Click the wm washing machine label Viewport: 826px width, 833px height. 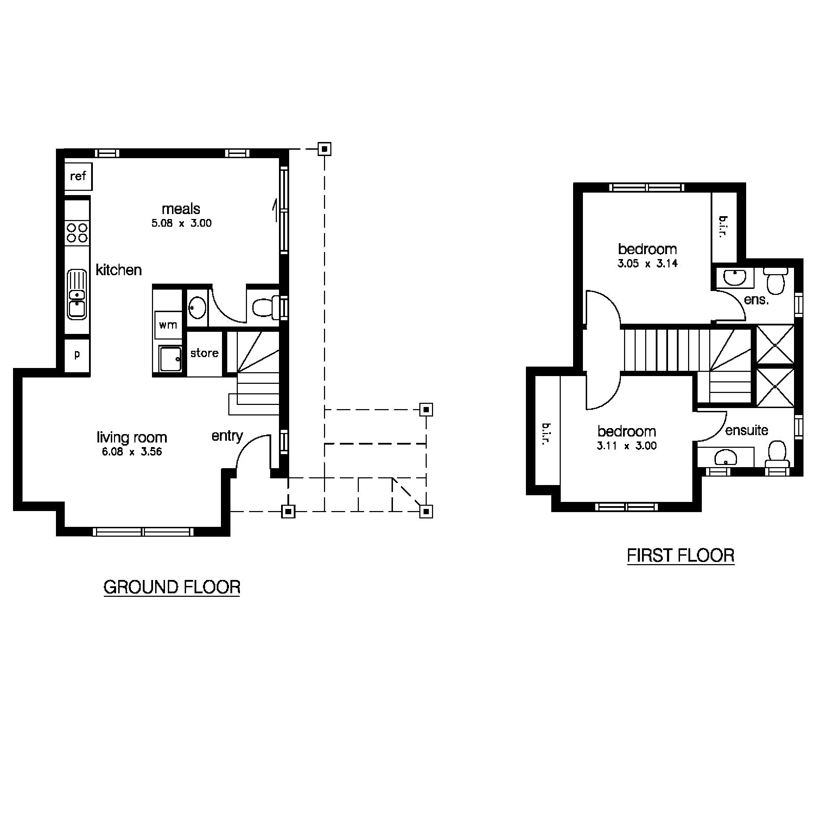tap(168, 325)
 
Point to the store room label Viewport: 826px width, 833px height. tap(204, 353)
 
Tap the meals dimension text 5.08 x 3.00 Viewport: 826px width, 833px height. tap(181, 223)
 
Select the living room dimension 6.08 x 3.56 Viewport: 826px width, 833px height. tap(132, 452)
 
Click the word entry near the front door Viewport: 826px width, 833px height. tap(227, 436)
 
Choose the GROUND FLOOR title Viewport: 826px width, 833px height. tap(171, 587)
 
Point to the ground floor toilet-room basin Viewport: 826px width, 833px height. tap(198, 308)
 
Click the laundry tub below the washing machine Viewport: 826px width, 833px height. tap(170, 359)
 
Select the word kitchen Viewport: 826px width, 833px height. tap(119, 270)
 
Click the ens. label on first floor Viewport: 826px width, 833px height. tap(756, 300)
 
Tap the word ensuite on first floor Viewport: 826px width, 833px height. tap(746, 430)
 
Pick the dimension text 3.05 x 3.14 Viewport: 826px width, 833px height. tap(647, 264)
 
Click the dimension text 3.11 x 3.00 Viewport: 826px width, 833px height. tap(627, 446)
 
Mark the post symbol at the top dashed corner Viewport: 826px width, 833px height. tap(325, 149)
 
